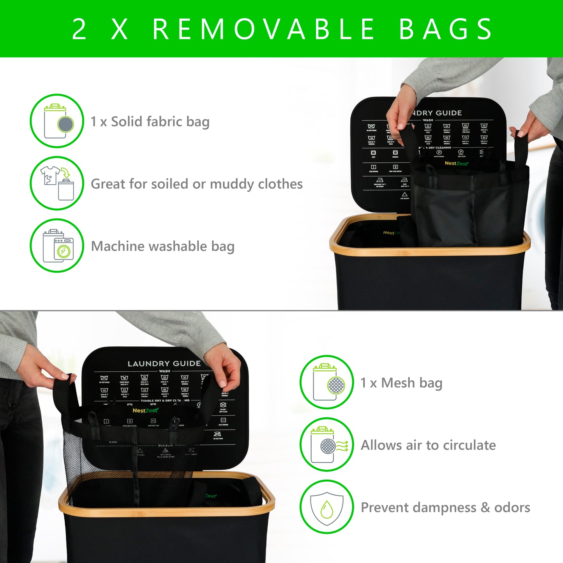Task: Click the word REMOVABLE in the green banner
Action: point(263,29)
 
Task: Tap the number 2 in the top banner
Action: point(79,29)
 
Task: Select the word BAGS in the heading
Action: point(446,29)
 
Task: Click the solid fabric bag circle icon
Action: point(57,121)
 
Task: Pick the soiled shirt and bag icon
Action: point(57,183)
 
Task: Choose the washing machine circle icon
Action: point(57,245)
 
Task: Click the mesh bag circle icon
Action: point(327,382)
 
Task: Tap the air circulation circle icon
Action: point(327,445)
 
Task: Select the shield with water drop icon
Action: point(327,507)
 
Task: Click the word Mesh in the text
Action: point(398,383)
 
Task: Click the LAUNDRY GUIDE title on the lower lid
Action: point(164,364)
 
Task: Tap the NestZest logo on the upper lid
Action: point(456,164)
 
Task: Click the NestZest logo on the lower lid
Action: point(145,410)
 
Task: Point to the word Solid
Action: point(126,122)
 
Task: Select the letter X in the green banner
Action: point(120,29)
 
